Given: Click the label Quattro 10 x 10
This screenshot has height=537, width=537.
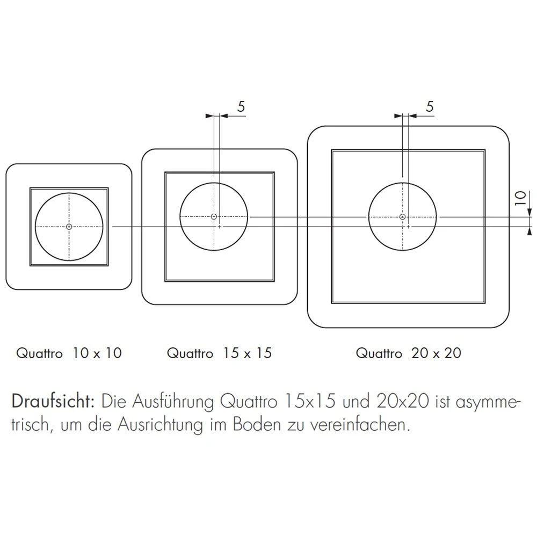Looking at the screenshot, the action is point(69,353).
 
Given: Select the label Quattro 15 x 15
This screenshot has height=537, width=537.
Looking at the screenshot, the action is point(219,353).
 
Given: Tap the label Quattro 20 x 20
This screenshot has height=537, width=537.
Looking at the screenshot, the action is point(409,353).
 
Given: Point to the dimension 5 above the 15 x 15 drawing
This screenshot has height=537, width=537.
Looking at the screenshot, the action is point(241,107).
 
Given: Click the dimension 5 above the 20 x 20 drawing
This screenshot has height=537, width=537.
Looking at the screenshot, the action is point(430,107).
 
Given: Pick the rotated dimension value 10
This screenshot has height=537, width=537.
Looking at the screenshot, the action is point(520,198).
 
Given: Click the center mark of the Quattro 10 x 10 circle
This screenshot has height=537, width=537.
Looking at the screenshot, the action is point(69,227).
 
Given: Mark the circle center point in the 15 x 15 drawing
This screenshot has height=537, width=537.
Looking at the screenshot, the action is point(214,216).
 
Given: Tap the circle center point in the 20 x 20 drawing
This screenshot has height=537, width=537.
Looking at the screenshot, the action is point(403,217).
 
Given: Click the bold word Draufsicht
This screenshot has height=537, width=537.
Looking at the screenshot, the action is point(53,401).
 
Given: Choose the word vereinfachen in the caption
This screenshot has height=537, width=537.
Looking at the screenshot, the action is point(360,424).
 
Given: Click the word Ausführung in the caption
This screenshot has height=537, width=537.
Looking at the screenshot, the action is point(173,402).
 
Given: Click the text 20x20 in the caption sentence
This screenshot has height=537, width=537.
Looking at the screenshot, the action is point(403,401).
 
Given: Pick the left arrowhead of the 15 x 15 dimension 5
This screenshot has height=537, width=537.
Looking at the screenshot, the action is point(209,116).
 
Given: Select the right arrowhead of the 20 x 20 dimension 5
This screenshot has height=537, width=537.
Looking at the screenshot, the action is point(412,116).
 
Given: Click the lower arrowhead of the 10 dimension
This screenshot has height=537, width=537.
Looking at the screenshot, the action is point(530,231).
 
